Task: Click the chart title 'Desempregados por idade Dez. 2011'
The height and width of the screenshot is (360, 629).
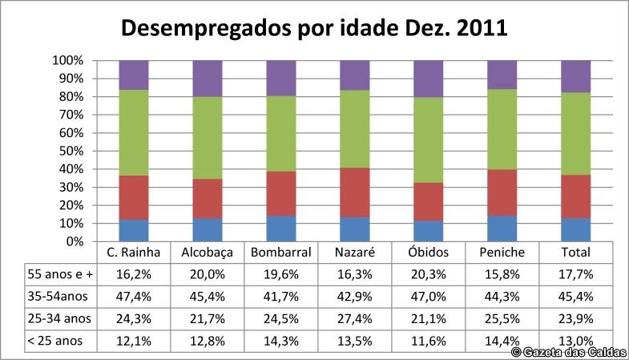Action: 314,29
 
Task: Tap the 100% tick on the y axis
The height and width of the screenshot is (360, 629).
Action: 68,61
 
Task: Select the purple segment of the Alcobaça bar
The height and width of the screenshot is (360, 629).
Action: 208,78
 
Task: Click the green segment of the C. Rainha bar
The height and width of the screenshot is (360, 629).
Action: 134,132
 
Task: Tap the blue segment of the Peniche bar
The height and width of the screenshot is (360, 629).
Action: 502,228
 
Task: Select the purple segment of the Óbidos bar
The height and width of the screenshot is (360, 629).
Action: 429,79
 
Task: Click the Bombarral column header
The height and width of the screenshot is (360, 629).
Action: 281,252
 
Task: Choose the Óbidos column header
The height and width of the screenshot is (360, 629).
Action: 429,252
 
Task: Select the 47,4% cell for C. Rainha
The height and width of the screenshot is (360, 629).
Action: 134,296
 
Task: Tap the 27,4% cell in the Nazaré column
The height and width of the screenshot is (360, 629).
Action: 355,318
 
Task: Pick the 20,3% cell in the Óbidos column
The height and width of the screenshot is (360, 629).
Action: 429,273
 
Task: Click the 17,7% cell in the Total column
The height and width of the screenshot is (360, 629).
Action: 576,273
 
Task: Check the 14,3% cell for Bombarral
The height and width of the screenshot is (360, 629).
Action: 281,340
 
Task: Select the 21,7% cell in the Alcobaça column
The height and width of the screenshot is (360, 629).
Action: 208,318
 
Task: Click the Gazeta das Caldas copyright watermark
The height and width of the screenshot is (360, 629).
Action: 569,352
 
